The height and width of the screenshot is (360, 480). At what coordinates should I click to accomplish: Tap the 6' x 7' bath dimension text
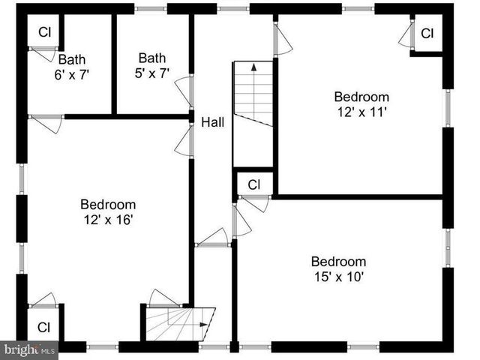click(x=72, y=74)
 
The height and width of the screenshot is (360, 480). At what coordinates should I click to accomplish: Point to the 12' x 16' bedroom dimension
click(x=108, y=219)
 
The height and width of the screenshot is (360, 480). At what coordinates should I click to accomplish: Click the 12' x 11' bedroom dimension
click(x=361, y=111)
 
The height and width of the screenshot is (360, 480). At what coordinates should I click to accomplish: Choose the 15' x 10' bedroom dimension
click(x=339, y=276)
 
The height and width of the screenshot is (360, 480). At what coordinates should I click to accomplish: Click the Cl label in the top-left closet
click(x=44, y=32)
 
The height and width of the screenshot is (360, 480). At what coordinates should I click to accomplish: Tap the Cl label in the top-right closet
click(x=427, y=34)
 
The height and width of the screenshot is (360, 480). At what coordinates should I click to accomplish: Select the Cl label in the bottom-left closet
click(x=43, y=327)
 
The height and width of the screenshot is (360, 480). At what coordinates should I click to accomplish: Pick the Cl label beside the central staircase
click(x=253, y=184)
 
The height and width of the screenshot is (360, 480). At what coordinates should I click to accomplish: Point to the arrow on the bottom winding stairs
click(x=204, y=324)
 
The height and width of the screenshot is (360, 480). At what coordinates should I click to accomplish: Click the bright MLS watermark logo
click(x=30, y=349)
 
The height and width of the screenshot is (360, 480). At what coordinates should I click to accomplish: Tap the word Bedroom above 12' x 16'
click(x=108, y=204)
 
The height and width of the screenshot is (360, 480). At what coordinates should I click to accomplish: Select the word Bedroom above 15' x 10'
click(x=339, y=262)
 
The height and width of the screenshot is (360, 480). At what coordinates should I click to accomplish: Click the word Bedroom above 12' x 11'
click(x=361, y=96)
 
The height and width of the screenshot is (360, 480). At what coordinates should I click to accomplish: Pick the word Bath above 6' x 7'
click(x=72, y=59)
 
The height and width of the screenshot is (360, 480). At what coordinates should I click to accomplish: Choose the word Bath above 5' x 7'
click(x=151, y=57)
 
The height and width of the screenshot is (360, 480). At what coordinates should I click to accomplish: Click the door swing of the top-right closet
click(x=405, y=34)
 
